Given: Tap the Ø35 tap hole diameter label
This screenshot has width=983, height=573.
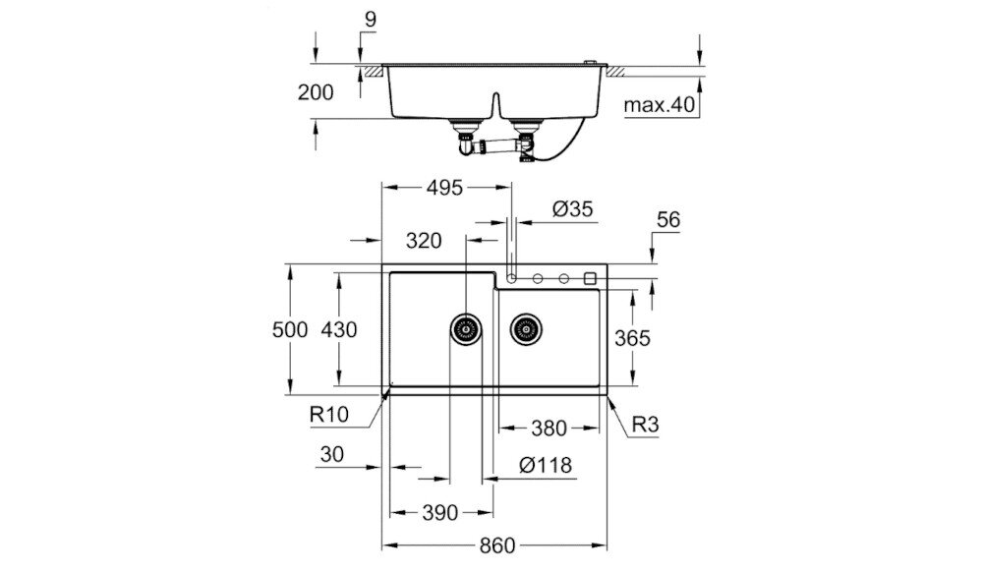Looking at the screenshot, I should pyautogui.click(x=573, y=208).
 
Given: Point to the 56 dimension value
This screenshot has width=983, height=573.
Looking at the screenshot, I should pyautogui.click(x=667, y=221).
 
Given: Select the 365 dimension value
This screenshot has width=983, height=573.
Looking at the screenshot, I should pyautogui.click(x=632, y=338).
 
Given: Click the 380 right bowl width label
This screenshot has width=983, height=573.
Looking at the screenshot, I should pyautogui.click(x=549, y=429).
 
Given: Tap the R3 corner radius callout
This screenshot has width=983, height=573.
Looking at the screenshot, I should pyautogui.click(x=645, y=427).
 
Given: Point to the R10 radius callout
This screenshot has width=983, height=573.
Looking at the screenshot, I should pyautogui.click(x=329, y=416).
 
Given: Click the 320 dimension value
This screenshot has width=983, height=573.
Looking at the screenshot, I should pyautogui.click(x=423, y=241).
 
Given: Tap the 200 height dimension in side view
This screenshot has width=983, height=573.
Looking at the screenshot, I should pyautogui.click(x=316, y=92).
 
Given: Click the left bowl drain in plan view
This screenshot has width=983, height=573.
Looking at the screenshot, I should pyautogui.click(x=466, y=327).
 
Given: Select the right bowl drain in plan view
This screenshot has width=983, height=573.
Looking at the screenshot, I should pyautogui.click(x=526, y=327).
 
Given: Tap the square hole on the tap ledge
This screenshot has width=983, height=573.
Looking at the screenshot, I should pyautogui.click(x=590, y=278).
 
